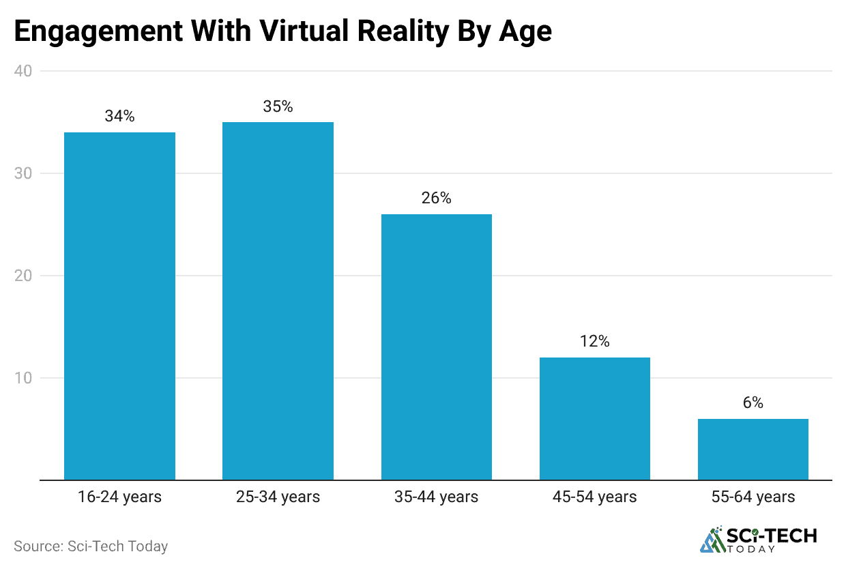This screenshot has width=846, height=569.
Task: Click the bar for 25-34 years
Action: [278, 301]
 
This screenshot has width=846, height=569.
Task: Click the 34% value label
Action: [119, 116]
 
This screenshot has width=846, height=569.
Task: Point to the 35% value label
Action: [278, 106]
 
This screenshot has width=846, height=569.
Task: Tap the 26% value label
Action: [436, 198]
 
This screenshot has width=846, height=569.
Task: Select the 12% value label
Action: [594, 341]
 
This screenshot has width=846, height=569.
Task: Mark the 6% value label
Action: [753, 403]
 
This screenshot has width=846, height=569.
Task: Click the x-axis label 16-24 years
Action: [119, 497]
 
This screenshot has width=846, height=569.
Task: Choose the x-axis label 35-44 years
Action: [436, 497]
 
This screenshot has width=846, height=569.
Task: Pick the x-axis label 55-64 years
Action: [753, 497]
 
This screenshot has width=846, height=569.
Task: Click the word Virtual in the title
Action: [320, 32]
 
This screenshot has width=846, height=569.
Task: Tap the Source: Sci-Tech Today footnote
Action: [91, 546]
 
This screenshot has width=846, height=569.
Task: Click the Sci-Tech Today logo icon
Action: [714, 540]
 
